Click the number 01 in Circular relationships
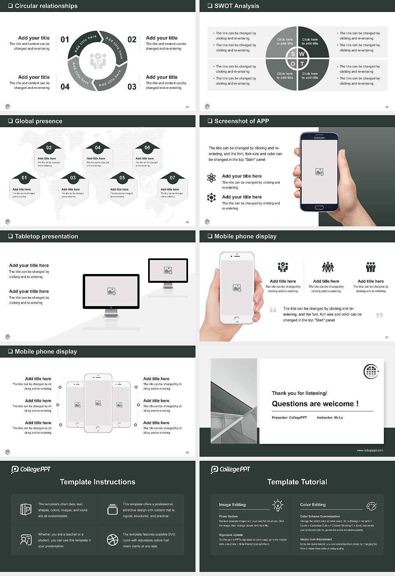[65, 39]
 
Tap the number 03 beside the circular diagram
[132, 87]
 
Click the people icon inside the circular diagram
[98, 61]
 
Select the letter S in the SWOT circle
[293, 54]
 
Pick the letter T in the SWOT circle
[302, 64]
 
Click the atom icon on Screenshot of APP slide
[211, 178]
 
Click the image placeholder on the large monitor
[111, 291]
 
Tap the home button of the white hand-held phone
[237, 319]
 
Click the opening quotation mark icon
[273, 310]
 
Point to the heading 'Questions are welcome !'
[315, 404]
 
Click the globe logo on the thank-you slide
[371, 372]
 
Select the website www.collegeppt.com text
[369, 450]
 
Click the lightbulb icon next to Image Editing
[278, 505]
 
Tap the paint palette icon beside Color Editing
[371, 506]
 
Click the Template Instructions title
[98, 482]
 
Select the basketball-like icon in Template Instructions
[112, 540]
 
